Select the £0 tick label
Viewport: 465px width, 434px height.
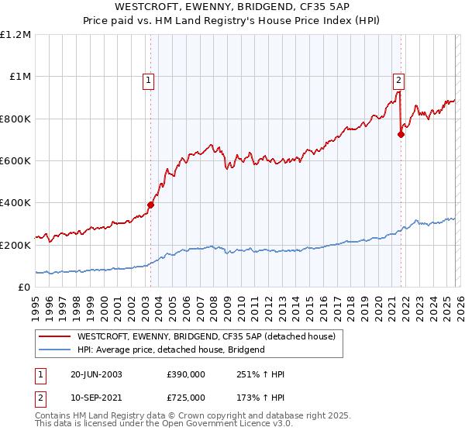coord(24,288)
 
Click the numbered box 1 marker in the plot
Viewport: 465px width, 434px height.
coord(148,78)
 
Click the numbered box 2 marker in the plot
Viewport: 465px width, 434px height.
coord(398,78)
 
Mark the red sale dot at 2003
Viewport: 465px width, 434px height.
coord(150,205)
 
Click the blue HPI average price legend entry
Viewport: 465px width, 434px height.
coord(170,350)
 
